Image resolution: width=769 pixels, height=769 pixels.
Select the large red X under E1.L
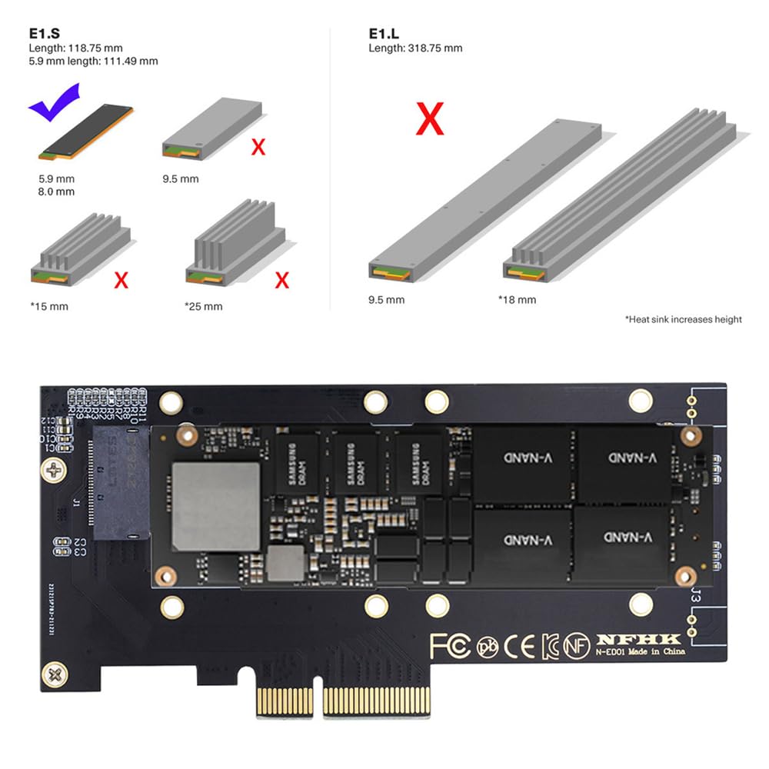click(430, 119)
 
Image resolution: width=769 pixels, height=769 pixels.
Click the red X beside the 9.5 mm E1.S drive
click(258, 146)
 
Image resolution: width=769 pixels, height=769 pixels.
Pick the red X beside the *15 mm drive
click(121, 280)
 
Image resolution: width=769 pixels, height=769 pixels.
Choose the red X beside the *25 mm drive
click(282, 280)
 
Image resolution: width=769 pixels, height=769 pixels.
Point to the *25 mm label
click(204, 306)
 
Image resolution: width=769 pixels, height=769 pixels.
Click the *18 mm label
click(518, 299)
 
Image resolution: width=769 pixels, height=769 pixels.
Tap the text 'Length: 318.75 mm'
click(416, 48)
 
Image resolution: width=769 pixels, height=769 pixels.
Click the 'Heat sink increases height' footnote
click(684, 319)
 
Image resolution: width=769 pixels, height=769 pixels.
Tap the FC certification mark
click(450, 646)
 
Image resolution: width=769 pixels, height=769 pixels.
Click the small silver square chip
click(286, 563)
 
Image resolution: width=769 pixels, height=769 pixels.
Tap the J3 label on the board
click(696, 594)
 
